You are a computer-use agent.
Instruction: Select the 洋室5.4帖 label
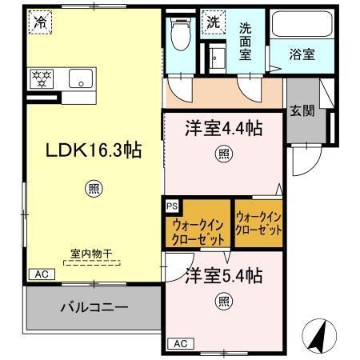(x=224, y=276)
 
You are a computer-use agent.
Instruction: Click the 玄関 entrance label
(x=302, y=110)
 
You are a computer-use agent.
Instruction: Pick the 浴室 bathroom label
(x=302, y=55)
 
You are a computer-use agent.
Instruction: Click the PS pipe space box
(x=172, y=206)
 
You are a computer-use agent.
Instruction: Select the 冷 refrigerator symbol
(x=40, y=22)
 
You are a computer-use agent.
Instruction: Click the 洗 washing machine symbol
(x=214, y=22)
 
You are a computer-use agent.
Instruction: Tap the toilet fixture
(x=180, y=36)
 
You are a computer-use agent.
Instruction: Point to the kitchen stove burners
(x=40, y=78)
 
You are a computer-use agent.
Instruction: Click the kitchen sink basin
(x=81, y=78)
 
